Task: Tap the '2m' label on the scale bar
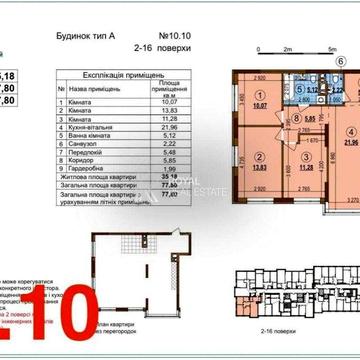[x=287, y=47]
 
